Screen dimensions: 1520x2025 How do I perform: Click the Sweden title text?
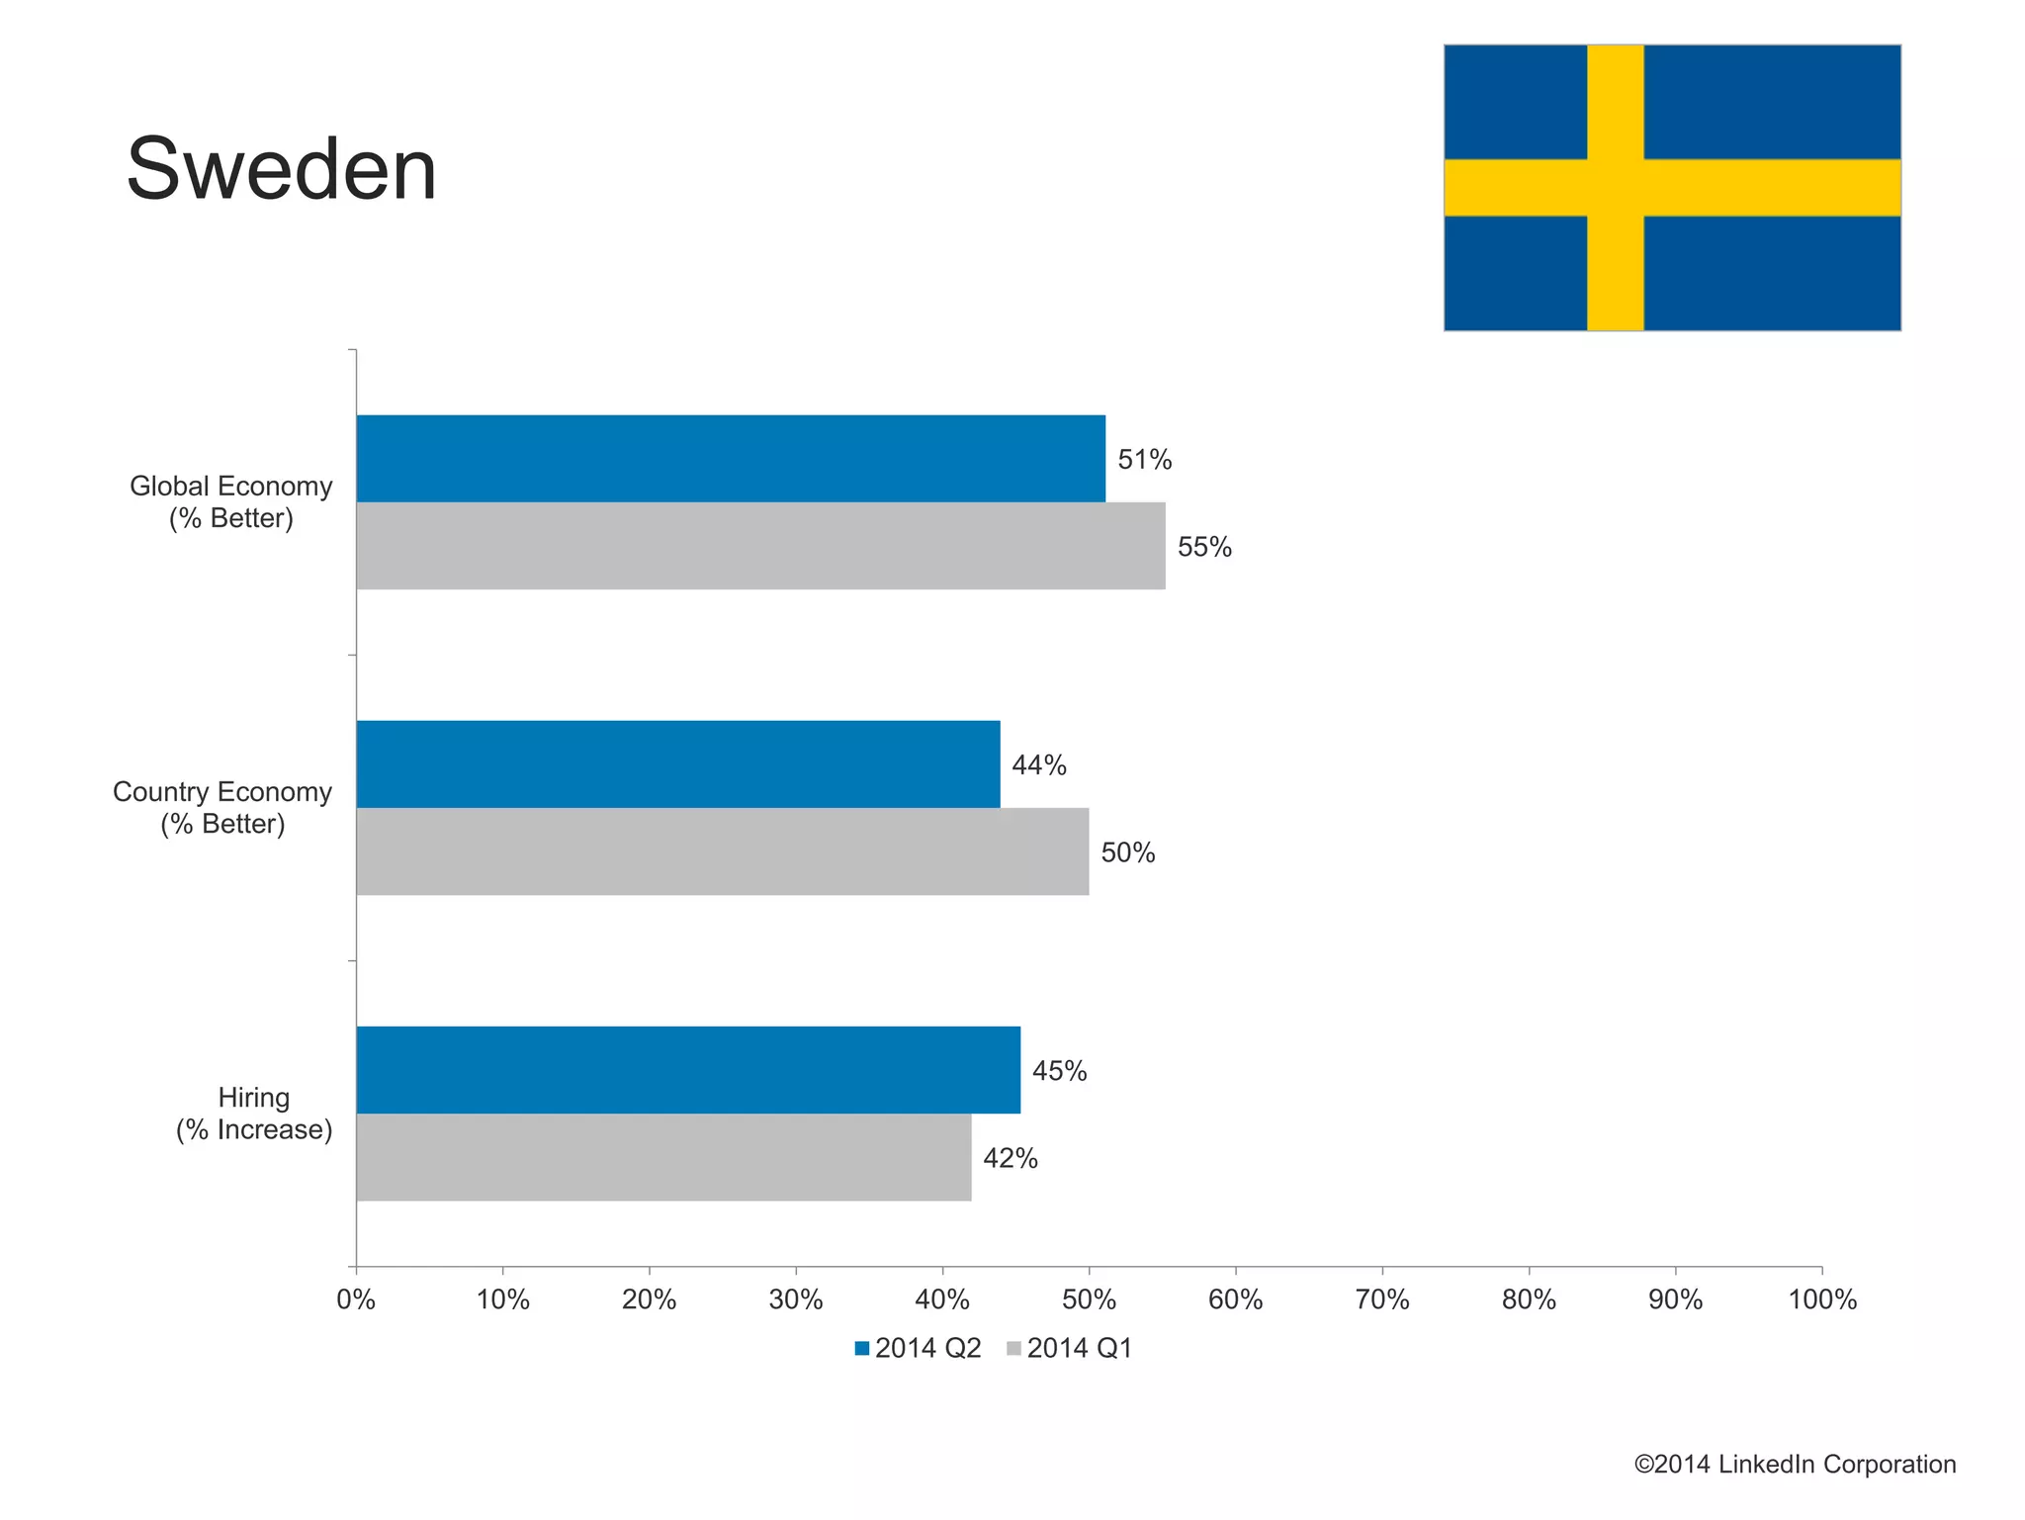coord(282,170)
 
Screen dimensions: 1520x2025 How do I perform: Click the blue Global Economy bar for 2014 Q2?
coord(730,459)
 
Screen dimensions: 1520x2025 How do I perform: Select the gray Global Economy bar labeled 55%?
coord(759,546)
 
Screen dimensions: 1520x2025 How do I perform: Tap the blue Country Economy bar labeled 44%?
coord(677,764)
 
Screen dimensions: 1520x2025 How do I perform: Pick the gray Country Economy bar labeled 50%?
coord(722,851)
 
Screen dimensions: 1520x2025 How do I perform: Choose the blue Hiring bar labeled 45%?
coord(687,1070)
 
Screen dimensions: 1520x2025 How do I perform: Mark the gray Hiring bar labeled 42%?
coord(662,1157)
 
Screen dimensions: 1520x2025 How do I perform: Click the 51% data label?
coord(1144,460)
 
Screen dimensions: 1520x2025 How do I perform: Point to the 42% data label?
coord(1010,1158)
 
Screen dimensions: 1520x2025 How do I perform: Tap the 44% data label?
coord(1038,765)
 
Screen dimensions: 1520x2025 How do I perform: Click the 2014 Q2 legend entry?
coord(918,1348)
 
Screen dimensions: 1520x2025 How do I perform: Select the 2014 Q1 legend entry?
coord(1069,1348)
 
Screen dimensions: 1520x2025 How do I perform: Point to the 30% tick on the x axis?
coord(796,1299)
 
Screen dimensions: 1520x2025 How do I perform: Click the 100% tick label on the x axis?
coord(1821,1299)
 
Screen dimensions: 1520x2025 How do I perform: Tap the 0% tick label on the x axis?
coord(356,1299)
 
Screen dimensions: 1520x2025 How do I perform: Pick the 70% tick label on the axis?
coord(1381,1299)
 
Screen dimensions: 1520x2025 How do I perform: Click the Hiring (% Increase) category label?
coord(254,1114)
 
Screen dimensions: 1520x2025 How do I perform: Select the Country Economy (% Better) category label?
coord(222,808)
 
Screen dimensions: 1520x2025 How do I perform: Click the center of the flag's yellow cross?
coord(1615,188)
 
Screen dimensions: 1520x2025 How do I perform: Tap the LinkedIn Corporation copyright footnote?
coord(1794,1465)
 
